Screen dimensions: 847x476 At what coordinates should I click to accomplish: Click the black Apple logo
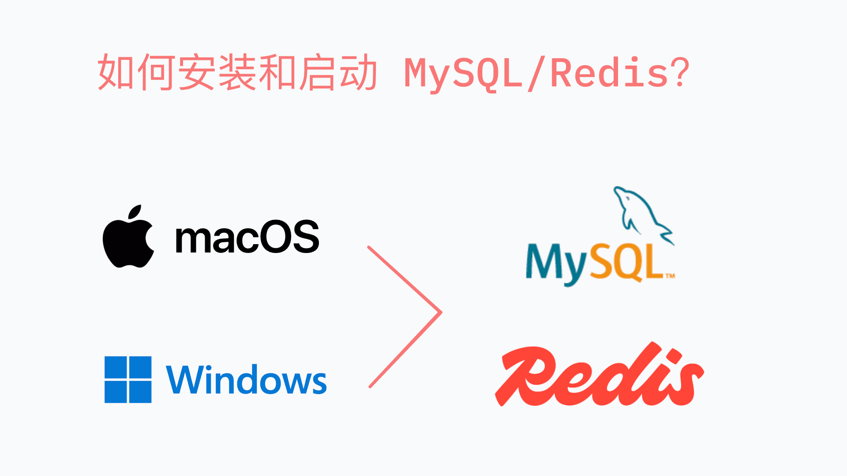128,240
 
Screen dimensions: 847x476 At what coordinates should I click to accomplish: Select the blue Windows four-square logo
128,379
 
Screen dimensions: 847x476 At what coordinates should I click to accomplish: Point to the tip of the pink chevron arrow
440,312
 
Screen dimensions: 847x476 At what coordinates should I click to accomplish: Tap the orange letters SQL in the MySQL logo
626,262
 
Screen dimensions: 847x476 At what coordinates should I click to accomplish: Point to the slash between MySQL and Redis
536,74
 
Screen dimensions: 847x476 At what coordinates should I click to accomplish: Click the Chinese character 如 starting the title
116,72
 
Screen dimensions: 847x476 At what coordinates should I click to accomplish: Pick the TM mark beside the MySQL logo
670,276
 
